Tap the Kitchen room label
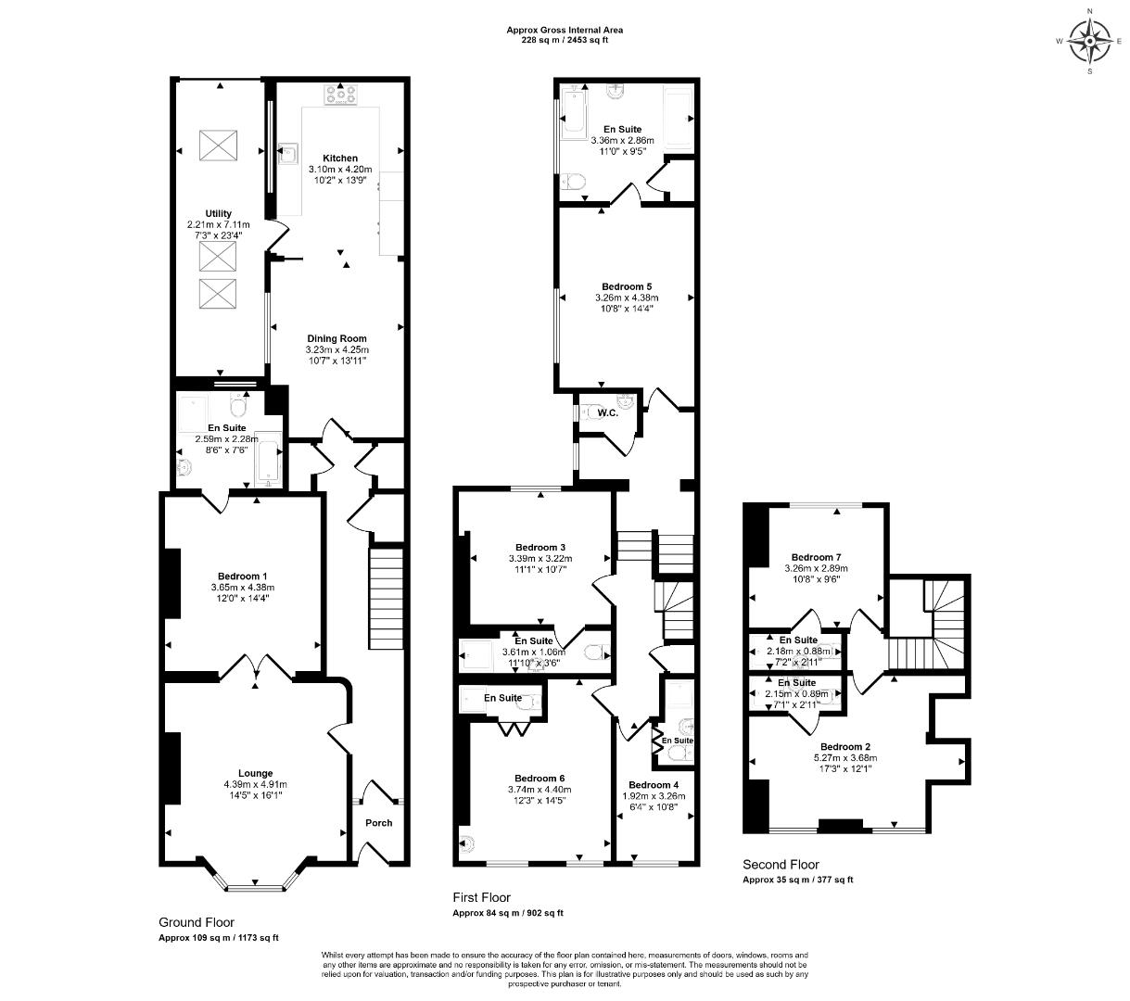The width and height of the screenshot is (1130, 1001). (x=339, y=158)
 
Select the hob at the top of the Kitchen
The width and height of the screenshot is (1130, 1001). (x=342, y=93)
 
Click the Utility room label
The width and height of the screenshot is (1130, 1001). (x=219, y=213)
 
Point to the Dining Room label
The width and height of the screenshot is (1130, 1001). (x=336, y=338)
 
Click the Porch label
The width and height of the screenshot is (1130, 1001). (x=378, y=822)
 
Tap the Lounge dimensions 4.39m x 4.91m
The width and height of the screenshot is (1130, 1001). (x=255, y=784)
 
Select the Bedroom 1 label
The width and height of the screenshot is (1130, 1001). (x=244, y=577)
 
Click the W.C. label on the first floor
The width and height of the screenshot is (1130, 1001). (x=607, y=412)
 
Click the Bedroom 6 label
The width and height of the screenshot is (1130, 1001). (x=540, y=778)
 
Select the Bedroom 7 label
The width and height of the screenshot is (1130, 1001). (x=816, y=557)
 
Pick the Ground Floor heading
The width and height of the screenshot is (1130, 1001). (x=197, y=922)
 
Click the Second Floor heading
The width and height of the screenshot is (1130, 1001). (x=781, y=865)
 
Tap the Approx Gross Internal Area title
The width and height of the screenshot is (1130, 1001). (x=564, y=30)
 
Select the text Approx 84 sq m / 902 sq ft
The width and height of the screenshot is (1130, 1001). (x=507, y=913)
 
